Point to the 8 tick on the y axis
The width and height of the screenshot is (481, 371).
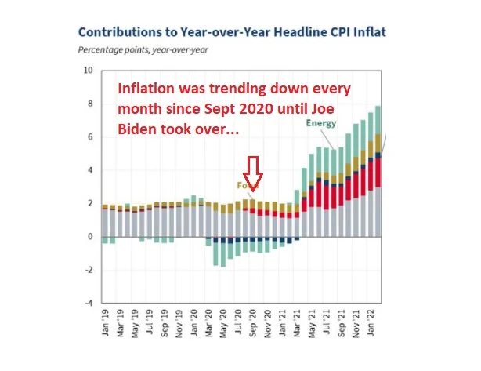tap(89, 104)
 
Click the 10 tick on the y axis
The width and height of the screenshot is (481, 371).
tap(88, 71)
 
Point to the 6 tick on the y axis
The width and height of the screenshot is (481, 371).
tap(89, 136)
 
